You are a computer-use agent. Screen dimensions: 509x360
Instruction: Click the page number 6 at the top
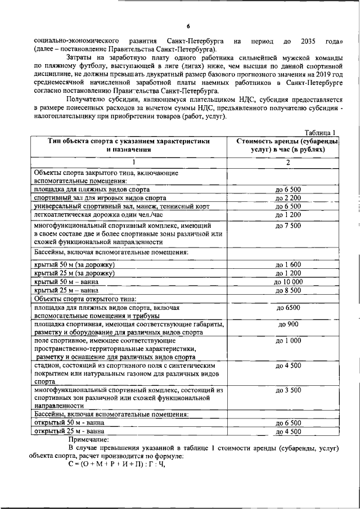pyautogui.click(x=188, y=26)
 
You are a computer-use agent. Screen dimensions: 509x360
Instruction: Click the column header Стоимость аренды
pyautogui.click(x=287, y=146)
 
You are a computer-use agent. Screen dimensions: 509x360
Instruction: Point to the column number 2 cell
pyautogui.click(x=287, y=163)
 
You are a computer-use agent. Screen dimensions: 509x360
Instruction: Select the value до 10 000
pyautogui.click(x=288, y=282)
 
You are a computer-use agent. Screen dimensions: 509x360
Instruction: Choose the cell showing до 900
pyautogui.click(x=288, y=325)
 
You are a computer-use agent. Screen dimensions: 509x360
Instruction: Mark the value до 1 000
pyautogui.click(x=288, y=341)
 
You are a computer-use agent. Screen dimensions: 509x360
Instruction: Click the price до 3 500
pyautogui.click(x=288, y=390)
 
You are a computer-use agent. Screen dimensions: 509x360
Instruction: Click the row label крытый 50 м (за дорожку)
pyautogui.click(x=74, y=264)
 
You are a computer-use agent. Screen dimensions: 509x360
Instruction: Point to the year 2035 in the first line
pyautogui.click(x=310, y=41)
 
